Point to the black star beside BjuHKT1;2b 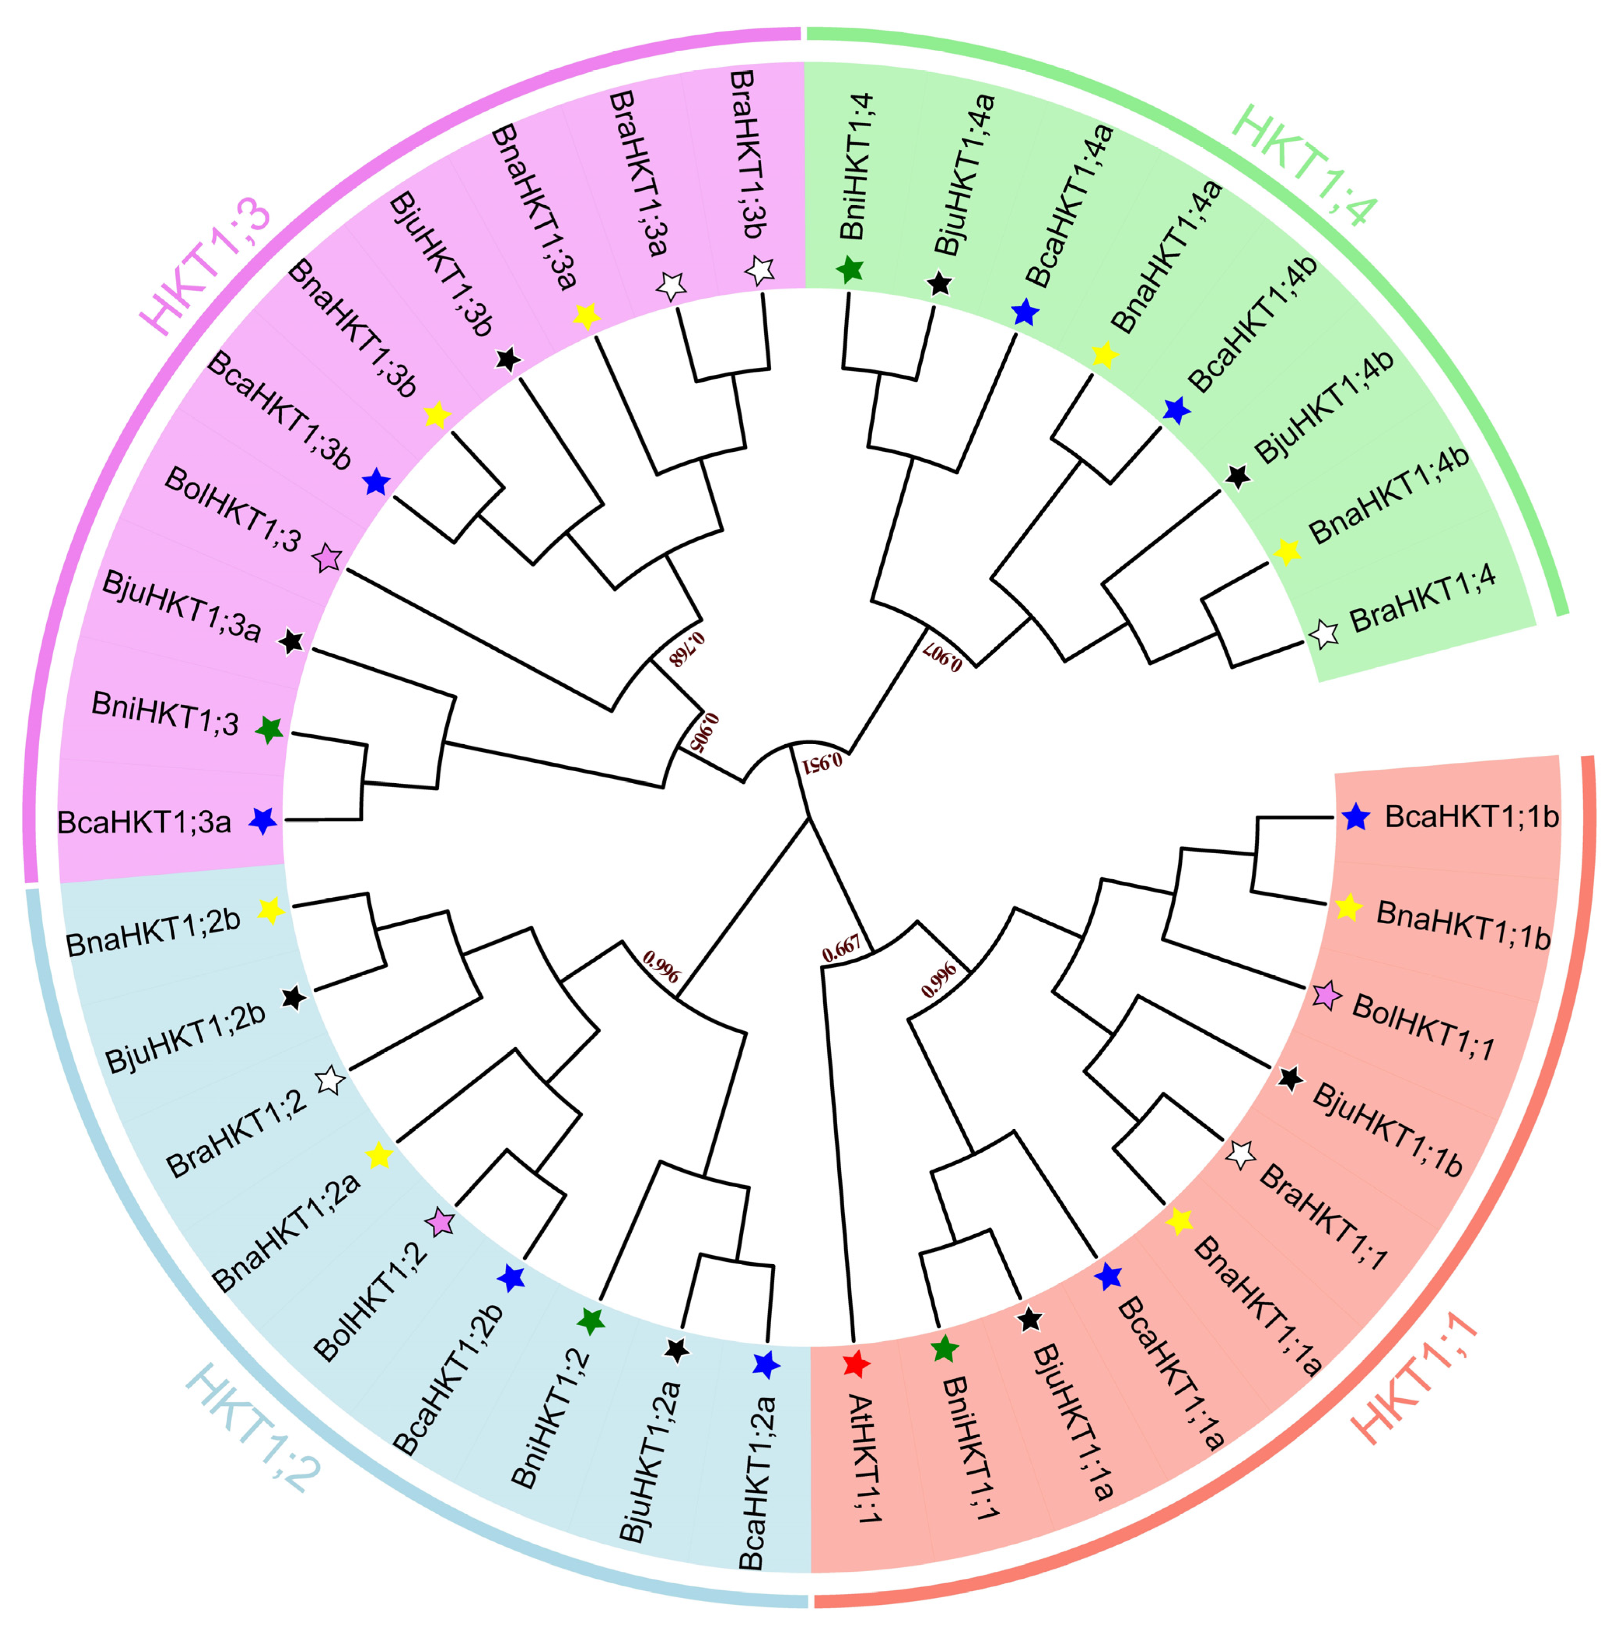click(293, 998)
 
